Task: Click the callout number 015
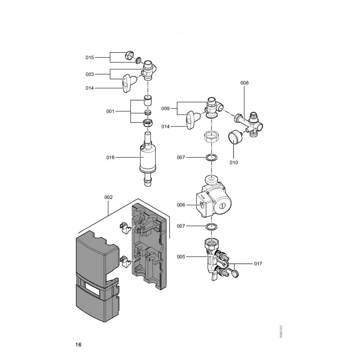[x=90, y=58]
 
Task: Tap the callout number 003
[x=90, y=74]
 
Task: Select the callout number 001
[x=110, y=111]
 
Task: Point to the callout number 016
[x=110, y=157]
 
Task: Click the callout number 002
[x=108, y=197]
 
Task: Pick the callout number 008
[x=244, y=83]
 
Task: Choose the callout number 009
[x=165, y=108]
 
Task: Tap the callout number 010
[x=234, y=162]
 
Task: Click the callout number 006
[x=181, y=205]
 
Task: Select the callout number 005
[x=181, y=256]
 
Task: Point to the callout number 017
[x=258, y=264]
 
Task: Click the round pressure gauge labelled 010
[x=234, y=137]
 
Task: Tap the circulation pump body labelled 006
[x=213, y=200]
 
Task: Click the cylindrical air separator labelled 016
[x=148, y=158]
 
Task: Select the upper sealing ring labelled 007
[x=211, y=157]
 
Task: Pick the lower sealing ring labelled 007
[x=211, y=226]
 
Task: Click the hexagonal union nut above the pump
[x=211, y=137]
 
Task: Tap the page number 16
[x=78, y=344]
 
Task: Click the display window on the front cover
[x=92, y=288]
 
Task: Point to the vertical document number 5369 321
[x=281, y=331]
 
